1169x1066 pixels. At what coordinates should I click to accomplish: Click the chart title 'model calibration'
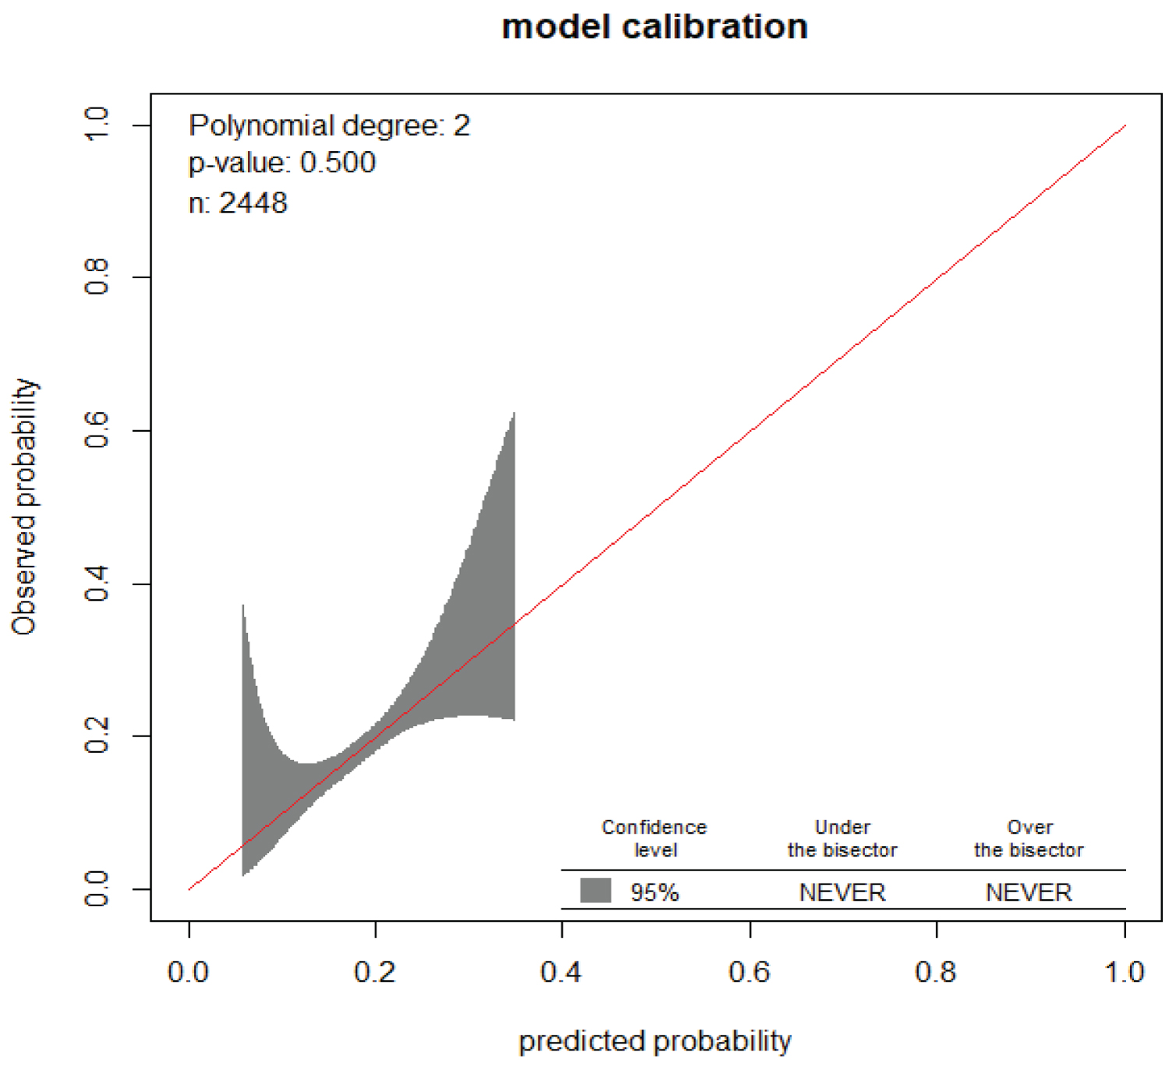[x=655, y=27]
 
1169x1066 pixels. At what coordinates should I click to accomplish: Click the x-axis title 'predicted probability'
[x=655, y=1041]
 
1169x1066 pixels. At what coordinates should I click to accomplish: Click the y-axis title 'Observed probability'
[x=25, y=507]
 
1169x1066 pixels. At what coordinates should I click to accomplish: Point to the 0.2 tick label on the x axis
[x=375, y=972]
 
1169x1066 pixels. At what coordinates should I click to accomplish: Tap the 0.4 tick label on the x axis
[x=561, y=972]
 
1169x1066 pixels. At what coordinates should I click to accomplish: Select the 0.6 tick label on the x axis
[x=749, y=972]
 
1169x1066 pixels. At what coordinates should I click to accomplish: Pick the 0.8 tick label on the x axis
[x=936, y=972]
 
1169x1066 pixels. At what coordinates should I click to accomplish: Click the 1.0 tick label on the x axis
[x=1124, y=972]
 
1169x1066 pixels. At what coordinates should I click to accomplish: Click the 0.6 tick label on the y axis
[x=97, y=430]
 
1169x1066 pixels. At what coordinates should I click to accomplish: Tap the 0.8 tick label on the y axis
[x=97, y=277]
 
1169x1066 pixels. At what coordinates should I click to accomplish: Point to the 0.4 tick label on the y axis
[x=97, y=583]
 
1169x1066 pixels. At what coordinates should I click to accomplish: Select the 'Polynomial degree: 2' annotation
[x=329, y=125]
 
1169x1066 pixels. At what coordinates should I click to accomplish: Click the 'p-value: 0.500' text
[x=282, y=163]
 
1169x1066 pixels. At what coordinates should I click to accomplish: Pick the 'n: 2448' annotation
[x=238, y=203]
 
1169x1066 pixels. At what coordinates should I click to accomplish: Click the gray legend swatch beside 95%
[x=595, y=890]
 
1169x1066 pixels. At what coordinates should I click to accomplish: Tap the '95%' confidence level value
[x=655, y=892]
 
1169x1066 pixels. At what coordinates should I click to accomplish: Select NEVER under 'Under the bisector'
[x=842, y=892]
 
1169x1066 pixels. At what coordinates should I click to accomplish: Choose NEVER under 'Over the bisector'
[x=1029, y=892]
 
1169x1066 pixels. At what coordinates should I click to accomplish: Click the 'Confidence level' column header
[x=654, y=838]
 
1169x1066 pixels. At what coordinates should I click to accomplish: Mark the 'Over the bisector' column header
[x=1029, y=838]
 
